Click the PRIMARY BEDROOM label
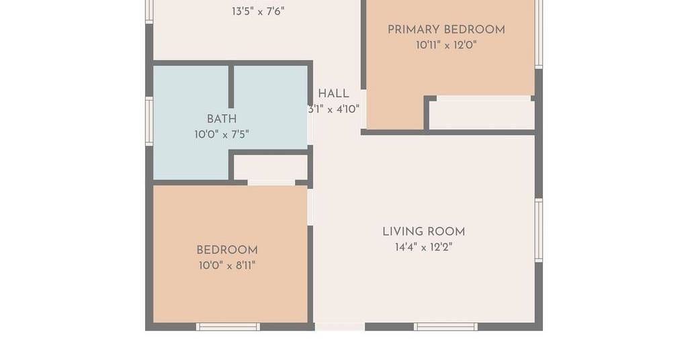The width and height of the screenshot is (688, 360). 446,30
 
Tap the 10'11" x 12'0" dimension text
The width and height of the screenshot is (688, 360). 446,45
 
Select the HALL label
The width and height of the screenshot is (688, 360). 333,93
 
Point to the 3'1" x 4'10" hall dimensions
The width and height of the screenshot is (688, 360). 333,109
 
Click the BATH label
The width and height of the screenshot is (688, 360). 222,119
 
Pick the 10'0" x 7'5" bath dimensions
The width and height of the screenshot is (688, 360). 222,134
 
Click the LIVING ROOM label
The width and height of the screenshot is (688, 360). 423,232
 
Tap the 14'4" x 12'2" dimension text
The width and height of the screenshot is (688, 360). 423,247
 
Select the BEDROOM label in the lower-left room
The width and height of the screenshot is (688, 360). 227,250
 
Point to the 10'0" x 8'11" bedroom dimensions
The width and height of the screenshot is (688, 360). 227,266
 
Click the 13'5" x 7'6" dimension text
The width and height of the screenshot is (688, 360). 258,11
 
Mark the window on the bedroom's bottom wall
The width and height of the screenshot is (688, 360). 228,326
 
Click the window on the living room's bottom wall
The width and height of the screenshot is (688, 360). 445,326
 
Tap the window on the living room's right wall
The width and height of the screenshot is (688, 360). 538,230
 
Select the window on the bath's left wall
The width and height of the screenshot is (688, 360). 149,121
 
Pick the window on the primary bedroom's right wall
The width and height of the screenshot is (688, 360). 539,34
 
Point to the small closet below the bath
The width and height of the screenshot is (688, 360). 270,167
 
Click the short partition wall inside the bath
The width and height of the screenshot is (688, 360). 231,87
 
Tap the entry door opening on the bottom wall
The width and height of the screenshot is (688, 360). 339,326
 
